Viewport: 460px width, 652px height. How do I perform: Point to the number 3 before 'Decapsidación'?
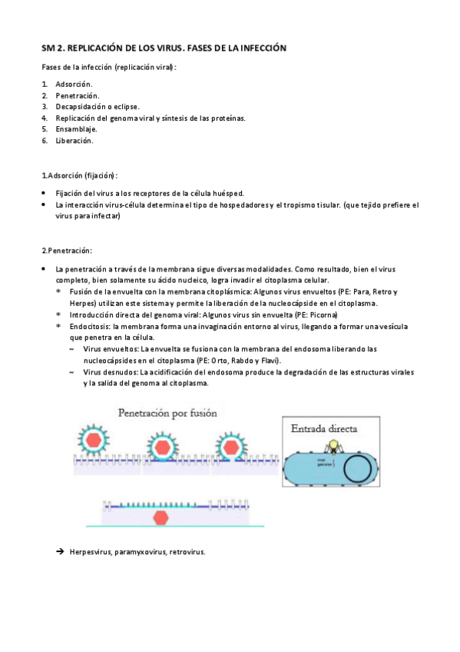[x=45, y=106]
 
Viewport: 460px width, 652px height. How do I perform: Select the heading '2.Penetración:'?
[x=67, y=250]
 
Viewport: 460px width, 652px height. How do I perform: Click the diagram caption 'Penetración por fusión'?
[x=167, y=412]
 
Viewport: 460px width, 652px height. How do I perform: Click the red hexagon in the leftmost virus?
[x=93, y=441]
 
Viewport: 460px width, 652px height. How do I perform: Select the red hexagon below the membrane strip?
[x=161, y=517]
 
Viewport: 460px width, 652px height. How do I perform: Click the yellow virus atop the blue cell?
[x=334, y=444]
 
